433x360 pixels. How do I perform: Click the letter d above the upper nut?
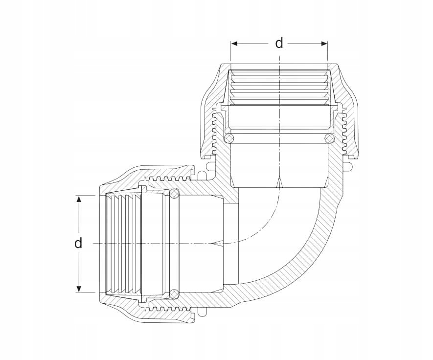279,43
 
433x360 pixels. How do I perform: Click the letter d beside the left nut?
78,243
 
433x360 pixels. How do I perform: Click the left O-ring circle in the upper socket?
228,139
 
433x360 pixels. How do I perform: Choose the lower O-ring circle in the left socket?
174,293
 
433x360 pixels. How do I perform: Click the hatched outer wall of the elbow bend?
313,254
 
